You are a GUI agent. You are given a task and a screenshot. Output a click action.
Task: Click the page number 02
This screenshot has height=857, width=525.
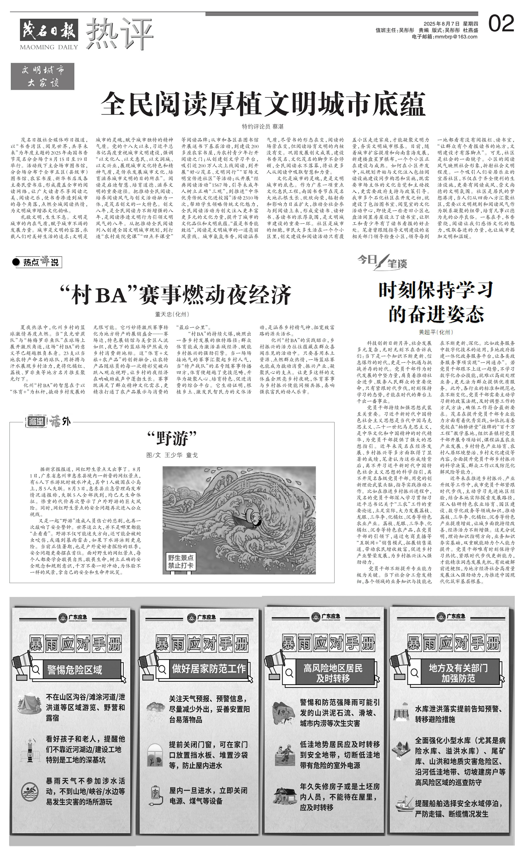point(501,24)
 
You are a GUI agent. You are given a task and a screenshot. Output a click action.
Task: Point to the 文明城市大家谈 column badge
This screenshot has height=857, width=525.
point(42,76)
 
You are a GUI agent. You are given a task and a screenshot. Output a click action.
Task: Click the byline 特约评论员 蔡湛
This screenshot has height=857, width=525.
point(263,127)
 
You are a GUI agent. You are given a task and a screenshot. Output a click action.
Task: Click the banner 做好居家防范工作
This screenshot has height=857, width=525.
point(209,668)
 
